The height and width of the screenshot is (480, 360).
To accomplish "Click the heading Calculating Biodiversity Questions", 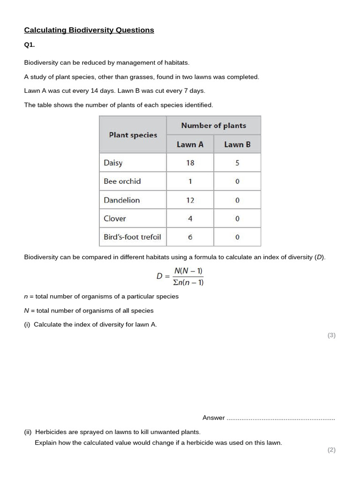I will pos(89,30).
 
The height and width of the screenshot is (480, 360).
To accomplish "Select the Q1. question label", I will pos(30,45).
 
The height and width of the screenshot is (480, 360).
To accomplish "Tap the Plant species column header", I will pos(133,135).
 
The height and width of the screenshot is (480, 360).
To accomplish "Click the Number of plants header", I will pos(214,126).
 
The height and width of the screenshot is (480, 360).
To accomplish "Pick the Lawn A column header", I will pos(190,144).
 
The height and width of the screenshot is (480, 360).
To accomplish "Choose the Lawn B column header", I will pos(237,144).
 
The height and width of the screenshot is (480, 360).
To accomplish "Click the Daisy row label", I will pos(113,163).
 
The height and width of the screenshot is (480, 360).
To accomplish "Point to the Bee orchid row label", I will pos(122,181).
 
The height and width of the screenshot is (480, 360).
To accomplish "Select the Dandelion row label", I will pos(122,200).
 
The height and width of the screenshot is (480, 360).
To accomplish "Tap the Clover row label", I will pos(115,218).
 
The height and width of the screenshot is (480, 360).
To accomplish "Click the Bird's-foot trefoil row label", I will pos(132,237).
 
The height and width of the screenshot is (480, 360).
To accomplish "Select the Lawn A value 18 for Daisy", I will pos(190,163).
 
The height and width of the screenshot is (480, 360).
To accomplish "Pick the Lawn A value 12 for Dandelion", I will pos(190,200).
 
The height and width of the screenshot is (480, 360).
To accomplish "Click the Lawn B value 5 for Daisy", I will pos(237,163).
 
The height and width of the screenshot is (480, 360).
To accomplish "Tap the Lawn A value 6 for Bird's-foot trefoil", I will pos(190,237).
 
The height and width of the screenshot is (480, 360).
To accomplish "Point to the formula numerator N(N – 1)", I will pos(188,271).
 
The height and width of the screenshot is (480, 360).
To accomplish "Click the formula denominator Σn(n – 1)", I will pos(188,282).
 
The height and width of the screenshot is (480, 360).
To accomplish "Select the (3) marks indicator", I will pos(331,335).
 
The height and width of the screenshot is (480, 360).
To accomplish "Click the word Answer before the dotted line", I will pos(214,418).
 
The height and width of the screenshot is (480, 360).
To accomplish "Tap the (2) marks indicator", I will pos(331,450).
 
